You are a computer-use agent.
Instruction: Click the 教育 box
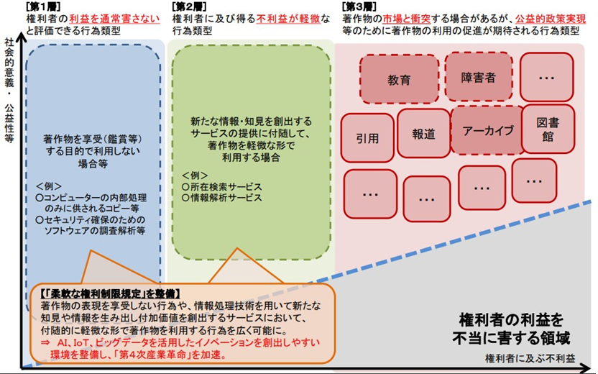pyautogui.click(x=400, y=79)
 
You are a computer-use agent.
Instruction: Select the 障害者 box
pyautogui.click(x=478, y=77)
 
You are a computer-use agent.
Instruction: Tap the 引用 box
pyautogui.click(x=367, y=138)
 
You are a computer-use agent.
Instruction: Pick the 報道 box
pyautogui.click(x=423, y=133)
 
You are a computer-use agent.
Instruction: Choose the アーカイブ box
pyautogui.click(x=488, y=130)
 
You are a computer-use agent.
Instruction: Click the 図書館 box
pyautogui.click(x=548, y=129)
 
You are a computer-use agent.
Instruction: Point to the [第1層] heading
pyautogui.click(x=43, y=6)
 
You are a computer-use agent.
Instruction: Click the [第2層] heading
pyautogui.click(x=190, y=6)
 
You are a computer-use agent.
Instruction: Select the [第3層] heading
pyautogui.click(x=359, y=6)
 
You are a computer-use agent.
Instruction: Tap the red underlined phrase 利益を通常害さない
pyautogui.click(x=114, y=18)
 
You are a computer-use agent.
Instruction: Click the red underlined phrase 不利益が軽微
pyautogui.click(x=288, y=18)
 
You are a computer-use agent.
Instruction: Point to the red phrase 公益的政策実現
pyautogui.click(x=551, y=18)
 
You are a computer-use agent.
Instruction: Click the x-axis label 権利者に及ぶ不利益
pyautogui.click(x=530, y=358)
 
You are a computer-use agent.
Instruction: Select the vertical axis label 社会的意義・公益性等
pyautogui.click(x=9, y=90)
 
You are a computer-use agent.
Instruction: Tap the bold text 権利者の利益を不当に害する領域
pyautogui.click(x=511, y=329)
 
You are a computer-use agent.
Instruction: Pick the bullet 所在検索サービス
pyautogui.click(x=222, y=187)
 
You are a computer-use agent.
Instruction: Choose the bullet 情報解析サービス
pyautogui.click(x=222, y=198)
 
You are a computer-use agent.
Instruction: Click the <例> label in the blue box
pyautogui.click(x=48, y=186)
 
